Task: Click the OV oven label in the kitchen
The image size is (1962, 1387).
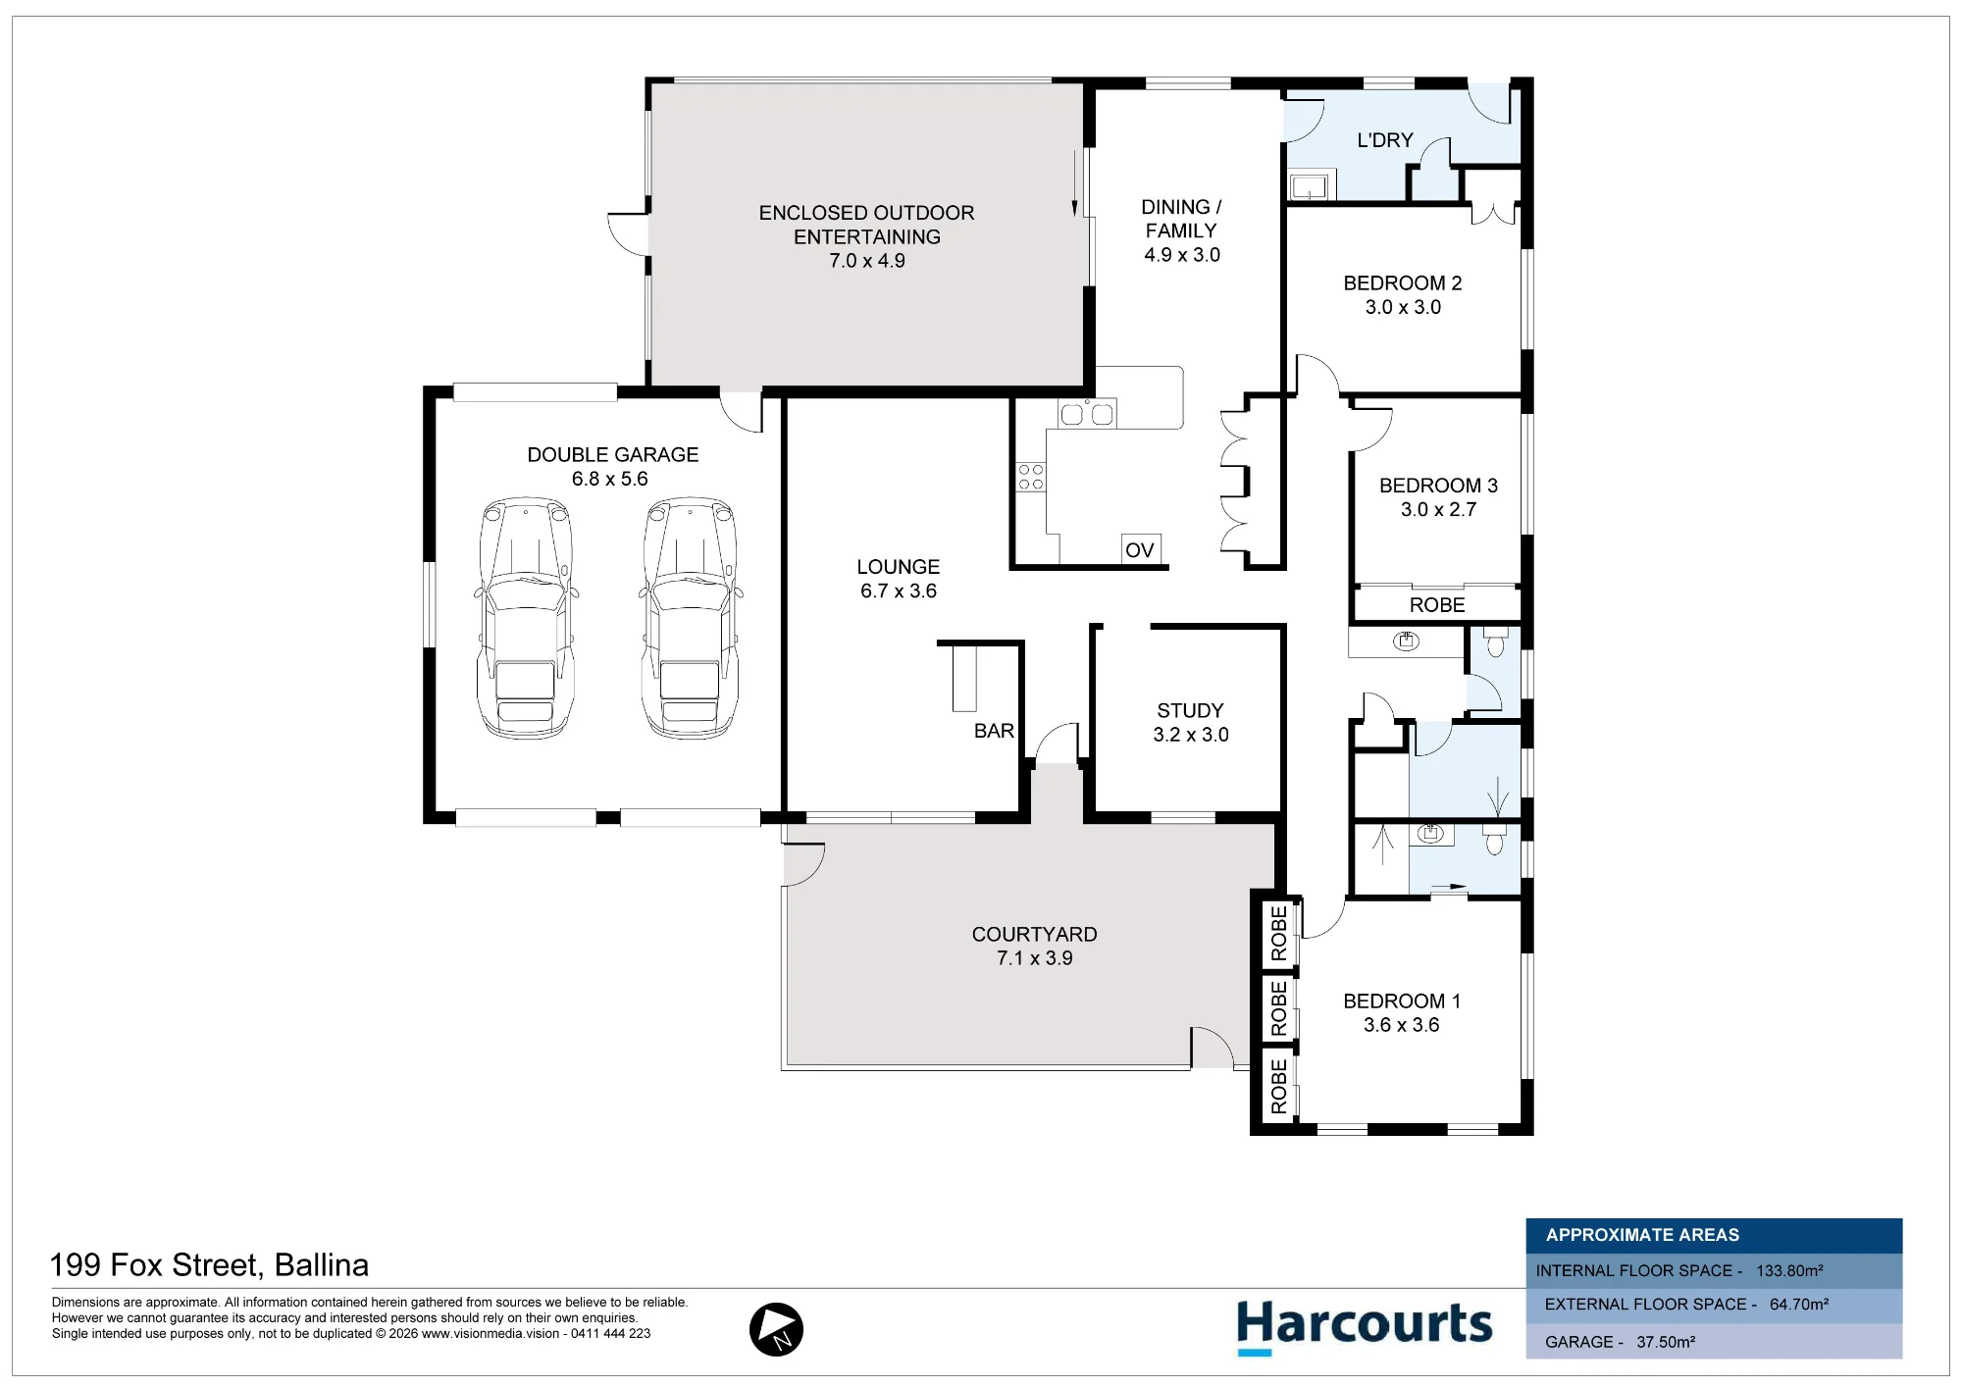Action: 1139,550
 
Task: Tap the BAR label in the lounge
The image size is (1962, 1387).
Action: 994,731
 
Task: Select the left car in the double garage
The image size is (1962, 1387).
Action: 526,618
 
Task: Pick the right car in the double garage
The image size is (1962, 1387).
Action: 691,618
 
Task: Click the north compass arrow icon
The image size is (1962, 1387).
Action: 776,1329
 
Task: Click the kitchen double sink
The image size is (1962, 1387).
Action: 1087,414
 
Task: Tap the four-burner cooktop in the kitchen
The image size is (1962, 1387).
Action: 1031,477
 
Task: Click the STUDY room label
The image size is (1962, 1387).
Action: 1190,710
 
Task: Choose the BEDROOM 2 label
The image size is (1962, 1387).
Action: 1402,283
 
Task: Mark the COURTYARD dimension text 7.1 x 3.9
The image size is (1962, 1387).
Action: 1035,958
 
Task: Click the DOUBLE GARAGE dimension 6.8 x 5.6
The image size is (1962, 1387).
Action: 610,479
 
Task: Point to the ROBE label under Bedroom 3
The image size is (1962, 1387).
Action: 1437,605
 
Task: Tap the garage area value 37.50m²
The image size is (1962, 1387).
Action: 1666,1342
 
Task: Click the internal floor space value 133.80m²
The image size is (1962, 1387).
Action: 1789,1270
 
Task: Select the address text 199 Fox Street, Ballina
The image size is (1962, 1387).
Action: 209,1265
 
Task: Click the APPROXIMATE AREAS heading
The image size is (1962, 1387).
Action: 1642,1235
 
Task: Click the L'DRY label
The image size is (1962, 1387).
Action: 1385,140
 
